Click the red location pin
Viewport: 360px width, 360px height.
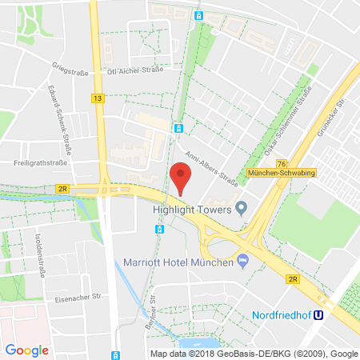point(182,175)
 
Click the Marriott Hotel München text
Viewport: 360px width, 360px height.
point(176,262)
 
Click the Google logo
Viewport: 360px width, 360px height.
point(27,350)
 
